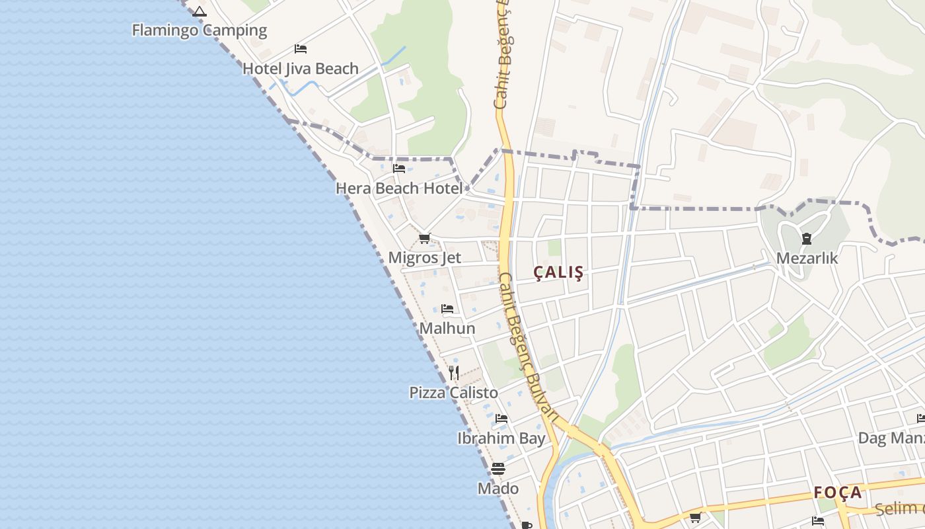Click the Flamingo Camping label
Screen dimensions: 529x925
(199, 30)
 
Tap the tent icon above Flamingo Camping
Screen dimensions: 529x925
(200, 11)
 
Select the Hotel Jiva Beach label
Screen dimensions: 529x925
(301, 69)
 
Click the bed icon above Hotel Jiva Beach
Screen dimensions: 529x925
(301, 49)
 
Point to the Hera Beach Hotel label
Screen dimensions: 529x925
(399, 188)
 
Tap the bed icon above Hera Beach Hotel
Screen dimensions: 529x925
(399, 169)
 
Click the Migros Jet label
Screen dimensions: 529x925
(424, 258)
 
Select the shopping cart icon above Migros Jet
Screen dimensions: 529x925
(425, 238)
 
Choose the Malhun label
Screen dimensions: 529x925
(447, 329)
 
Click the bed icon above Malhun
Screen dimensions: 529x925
(447, 309)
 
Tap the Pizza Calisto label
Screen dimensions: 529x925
(453, 393)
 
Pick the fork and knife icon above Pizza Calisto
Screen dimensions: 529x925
(454, 373)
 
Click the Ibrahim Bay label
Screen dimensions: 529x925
(501, 438)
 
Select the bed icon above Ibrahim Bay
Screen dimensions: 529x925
(501, 419)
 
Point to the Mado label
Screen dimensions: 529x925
(498, 489)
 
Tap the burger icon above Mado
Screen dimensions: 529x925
(498, 469)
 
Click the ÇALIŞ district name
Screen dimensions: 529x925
(559, 272)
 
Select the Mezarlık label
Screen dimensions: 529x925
(807, 259)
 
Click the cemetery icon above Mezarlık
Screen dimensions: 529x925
(807, 239)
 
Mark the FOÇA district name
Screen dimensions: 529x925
(838, 493)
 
